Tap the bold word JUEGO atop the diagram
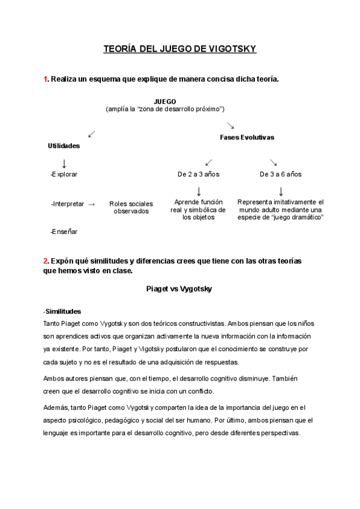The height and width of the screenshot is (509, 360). tap(165, 101)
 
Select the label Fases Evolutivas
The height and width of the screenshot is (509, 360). tap(247, 137)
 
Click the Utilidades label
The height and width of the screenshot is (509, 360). tap(64, 145)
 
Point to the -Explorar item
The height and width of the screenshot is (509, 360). tap(64, 174)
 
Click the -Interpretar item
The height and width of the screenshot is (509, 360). tap(67, 204)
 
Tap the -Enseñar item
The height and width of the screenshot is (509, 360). tap(64, 231)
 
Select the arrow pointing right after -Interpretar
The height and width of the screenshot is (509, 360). tap(92, 204)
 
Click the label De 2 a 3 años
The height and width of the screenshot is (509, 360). tap(199, 174)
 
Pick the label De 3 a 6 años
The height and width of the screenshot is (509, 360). tap(280, 174)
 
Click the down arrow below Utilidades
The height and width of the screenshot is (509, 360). tap(64, 163)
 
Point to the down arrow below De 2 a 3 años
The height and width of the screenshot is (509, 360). tap(199, 191)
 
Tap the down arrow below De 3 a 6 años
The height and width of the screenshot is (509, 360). tap(281, 191)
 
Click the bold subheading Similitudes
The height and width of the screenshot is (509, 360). tap(63, 311)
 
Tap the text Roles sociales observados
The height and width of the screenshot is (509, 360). tap(131, 208)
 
